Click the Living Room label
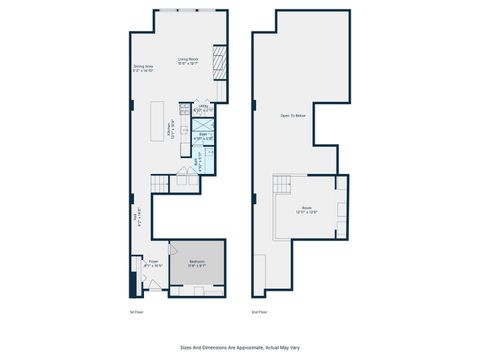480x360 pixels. (187, 61)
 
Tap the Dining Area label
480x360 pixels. (143, 69)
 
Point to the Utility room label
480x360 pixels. (202, 107)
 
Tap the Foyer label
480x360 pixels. (152, 264)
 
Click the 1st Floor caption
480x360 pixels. (137, 312)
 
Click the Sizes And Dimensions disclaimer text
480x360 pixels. (239, 348)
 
